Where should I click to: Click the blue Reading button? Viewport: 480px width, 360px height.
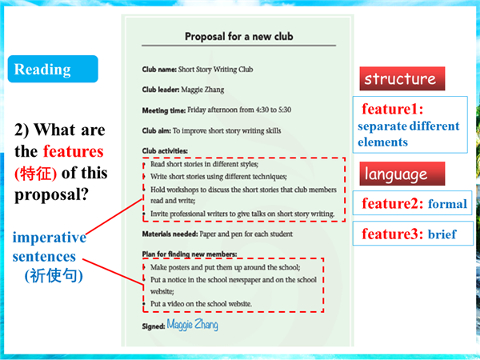pos(53,69)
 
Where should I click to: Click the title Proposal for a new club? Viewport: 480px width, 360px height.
pos(238,37)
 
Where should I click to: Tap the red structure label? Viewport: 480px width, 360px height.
pos(402,78)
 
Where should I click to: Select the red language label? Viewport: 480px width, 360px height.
pos(402,174)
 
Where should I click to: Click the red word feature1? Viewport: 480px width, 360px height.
pos(393,109)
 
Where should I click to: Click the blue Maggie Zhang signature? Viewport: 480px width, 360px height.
pos(193,325)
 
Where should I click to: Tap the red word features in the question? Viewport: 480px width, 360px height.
pos(74,151)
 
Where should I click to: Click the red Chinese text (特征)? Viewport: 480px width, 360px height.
pos(35,174)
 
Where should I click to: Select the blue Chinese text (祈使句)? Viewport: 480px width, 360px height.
pos(54,275)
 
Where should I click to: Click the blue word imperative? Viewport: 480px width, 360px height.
pos(50,238)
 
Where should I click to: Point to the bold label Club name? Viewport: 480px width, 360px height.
pos(159,70)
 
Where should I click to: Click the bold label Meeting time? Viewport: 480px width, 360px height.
pos(164,110)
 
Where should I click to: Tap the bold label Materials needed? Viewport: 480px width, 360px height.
pos(170,234)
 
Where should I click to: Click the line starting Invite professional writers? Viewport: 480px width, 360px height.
pos(242,214)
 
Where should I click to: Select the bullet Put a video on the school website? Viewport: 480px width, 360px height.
pos(201,304)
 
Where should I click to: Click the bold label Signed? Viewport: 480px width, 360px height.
pos(154,326)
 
